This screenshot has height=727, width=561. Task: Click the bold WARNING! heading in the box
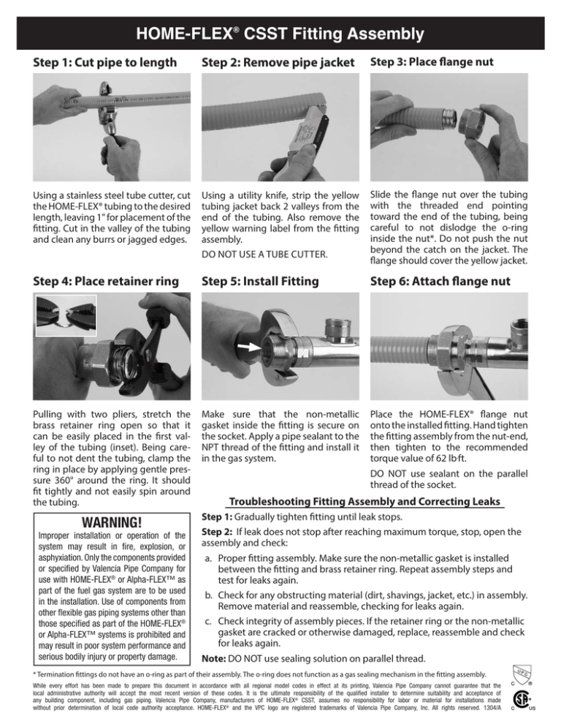pos(95,524)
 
